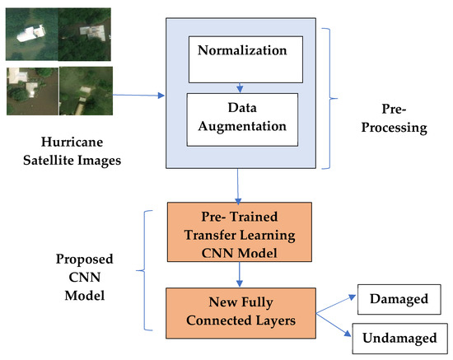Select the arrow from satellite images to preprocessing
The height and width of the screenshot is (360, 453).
[x=140, y=96]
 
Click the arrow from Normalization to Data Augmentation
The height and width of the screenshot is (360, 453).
[x=239, y=87]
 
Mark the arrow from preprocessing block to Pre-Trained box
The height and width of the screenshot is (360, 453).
[x=238, y=185]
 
